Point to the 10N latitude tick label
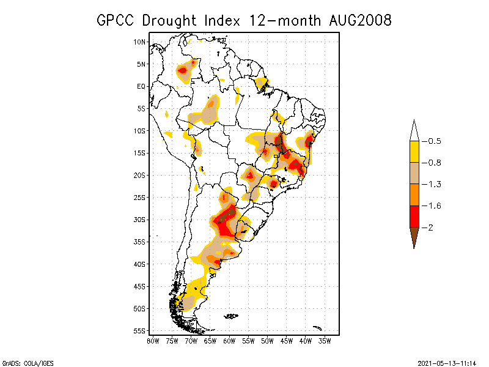(140, 42)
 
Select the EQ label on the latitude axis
(141, 86)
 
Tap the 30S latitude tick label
(140, 220)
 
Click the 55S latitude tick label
(140, 331)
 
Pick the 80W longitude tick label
(153, 341)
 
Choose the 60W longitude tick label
(229, 341)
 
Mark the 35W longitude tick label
(325, 341)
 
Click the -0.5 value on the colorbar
(435, 141)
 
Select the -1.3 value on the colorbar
(435, 184)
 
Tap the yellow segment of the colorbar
(414, 152)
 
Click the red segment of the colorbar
(414, 216)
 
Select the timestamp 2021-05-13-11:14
(447, 362)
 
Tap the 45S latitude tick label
(140, 286)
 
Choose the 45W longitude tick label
(287, 341)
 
